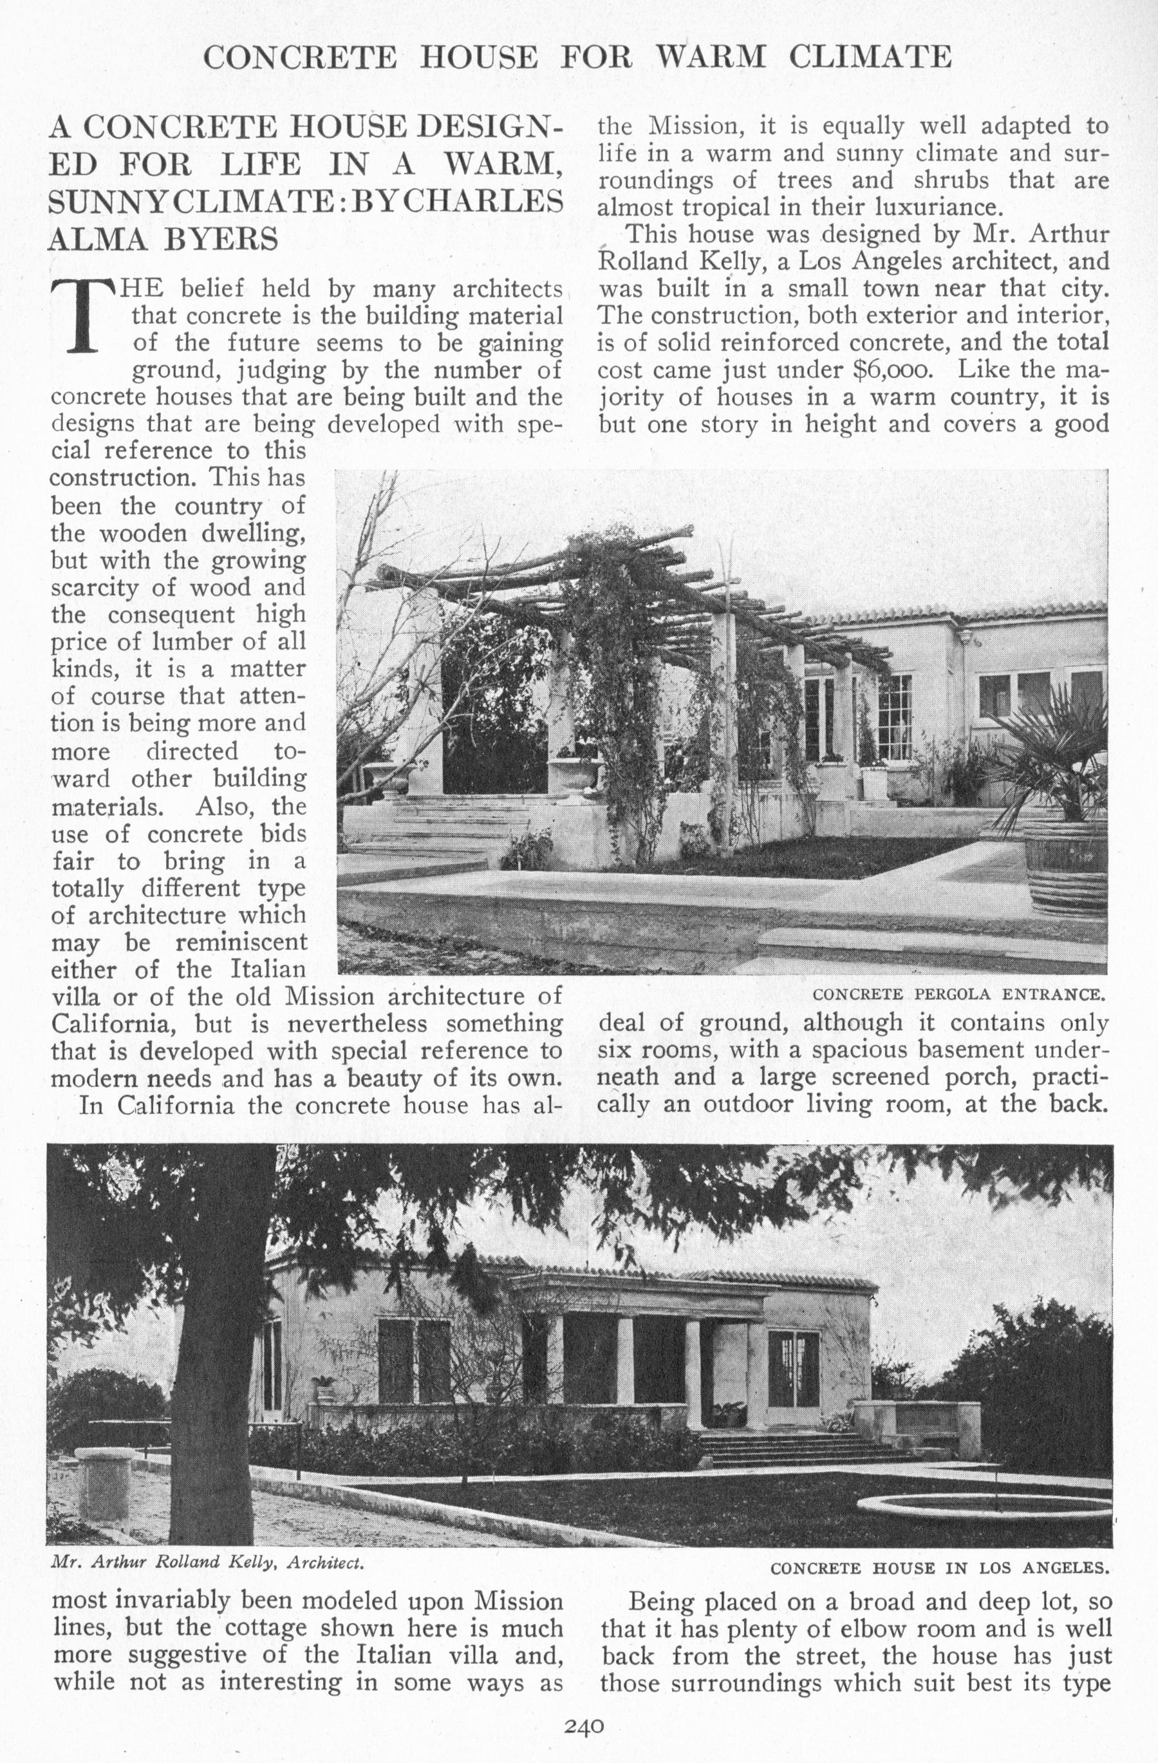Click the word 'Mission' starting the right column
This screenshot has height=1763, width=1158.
pos(695,127)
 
